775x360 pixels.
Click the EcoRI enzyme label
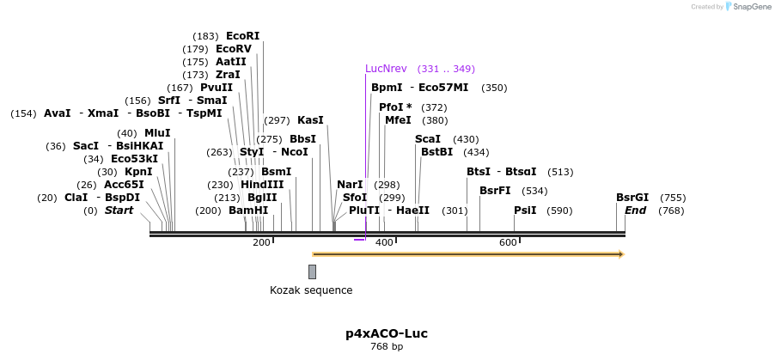coord(242,36)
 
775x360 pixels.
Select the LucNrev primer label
coord(386,69)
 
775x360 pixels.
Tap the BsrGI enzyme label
coord(632,198)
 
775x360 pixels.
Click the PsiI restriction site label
coord(525,211)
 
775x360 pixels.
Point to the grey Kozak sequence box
coord(312,272)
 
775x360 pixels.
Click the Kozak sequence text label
coord(311,290)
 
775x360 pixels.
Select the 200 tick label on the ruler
coord(261,242)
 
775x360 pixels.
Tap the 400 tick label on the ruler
coord(384,242)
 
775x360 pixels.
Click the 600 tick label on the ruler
coord(508,242)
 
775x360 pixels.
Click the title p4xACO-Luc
coord(387,333)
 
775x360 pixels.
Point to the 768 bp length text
coord(387,347)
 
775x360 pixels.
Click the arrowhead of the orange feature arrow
coord(620,254)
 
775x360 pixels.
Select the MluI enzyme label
coord(157,133)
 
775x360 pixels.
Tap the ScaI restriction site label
coord(428,139)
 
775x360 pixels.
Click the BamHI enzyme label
coord(248,211)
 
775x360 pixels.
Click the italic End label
coord(636,211)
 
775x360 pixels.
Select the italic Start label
coord(119,211)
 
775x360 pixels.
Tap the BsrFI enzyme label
coord(495,191)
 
